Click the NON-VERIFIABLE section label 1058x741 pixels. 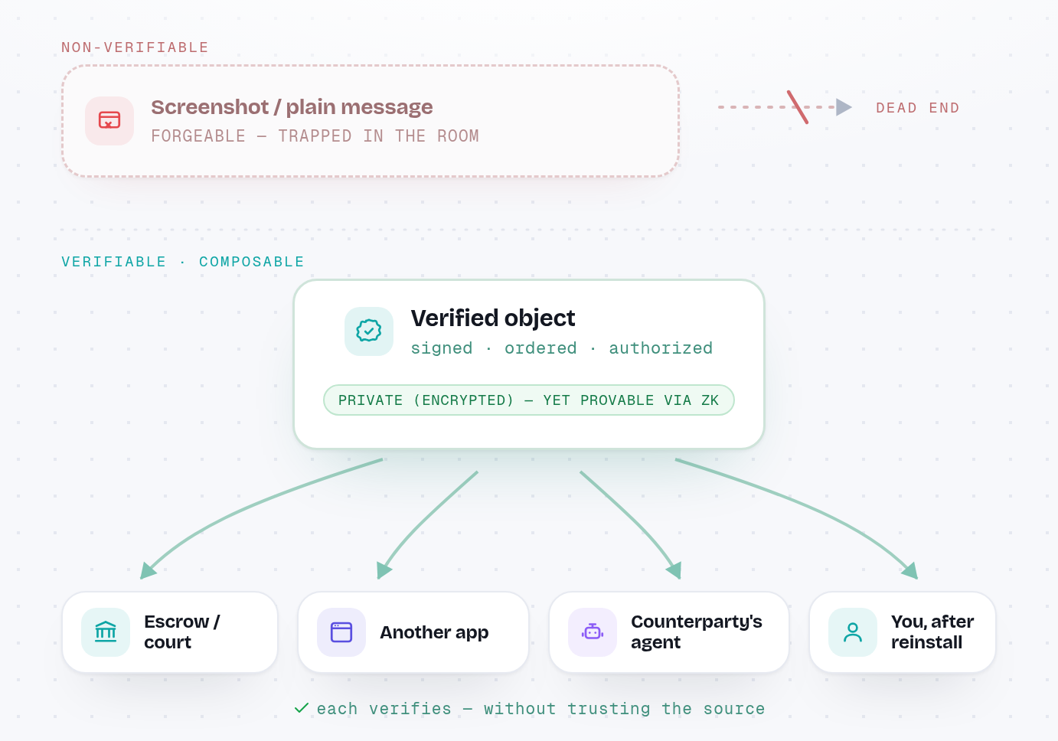click(135, 47)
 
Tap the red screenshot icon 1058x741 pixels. click(109, 120)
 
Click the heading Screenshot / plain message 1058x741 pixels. click(292, 107)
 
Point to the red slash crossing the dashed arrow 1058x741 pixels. click(797, 107)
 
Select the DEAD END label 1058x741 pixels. click(918, 108)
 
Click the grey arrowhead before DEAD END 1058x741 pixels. click(844, 107)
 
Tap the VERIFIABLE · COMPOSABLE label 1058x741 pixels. click(183, 262)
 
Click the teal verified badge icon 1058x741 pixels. click(368, 331)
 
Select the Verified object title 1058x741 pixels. click(492, 318)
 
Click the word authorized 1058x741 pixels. click(661, 348)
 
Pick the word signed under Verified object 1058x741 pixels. click(441, 348)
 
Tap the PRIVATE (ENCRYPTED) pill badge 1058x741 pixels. click(528, 400)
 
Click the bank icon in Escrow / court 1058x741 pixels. click(106, 632)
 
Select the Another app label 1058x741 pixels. click(434, 632)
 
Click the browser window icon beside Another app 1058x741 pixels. click(341, 632)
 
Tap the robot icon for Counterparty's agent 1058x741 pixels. click(593, 632)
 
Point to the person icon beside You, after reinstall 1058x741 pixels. click(853, 632)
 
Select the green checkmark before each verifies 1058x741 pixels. click(302, 708)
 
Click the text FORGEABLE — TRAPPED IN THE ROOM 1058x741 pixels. click(315, 136)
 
